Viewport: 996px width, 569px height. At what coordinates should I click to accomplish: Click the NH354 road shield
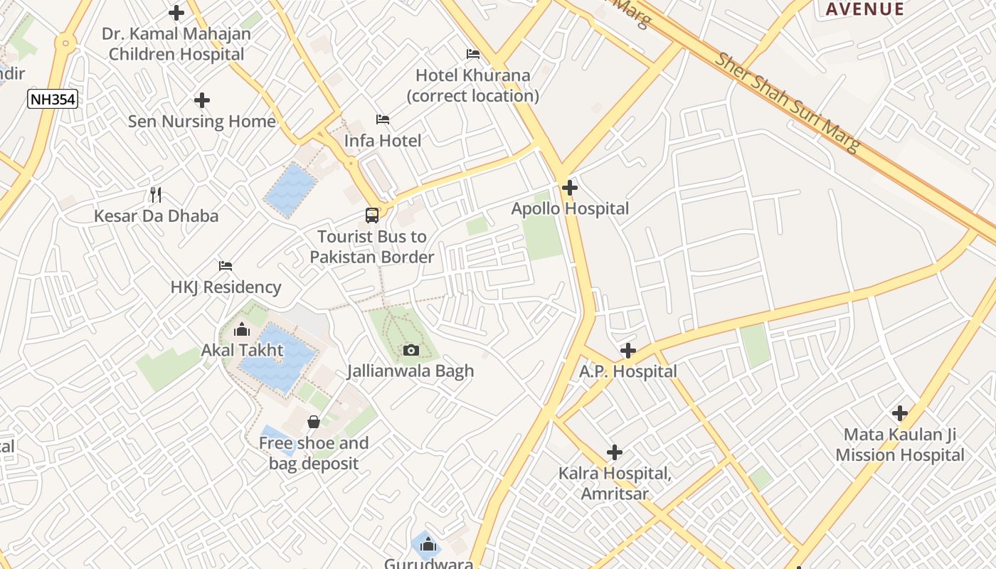[53, 99]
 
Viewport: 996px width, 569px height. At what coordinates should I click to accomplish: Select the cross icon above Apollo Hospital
[569, 188]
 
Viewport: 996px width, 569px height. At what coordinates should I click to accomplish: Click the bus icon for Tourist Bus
[372, 216]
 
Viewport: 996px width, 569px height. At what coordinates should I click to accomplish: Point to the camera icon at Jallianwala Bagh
[410, 350]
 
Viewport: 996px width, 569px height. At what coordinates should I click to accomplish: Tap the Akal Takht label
[242, 350]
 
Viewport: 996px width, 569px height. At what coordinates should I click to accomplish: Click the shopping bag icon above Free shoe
[313, 422]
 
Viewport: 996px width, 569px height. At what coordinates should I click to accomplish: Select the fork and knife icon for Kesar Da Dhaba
[157, 194]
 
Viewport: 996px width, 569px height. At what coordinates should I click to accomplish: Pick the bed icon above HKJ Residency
[226, 266]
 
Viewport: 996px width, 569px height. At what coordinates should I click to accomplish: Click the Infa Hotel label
[383, 141]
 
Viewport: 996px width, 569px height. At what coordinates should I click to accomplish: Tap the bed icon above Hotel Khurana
[473, 54]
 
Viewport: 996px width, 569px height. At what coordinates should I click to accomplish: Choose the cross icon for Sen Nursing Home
[202, 100]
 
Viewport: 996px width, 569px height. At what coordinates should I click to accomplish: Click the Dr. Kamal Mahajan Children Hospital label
[176, 44]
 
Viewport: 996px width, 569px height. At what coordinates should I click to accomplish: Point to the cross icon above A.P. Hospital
[627, 351]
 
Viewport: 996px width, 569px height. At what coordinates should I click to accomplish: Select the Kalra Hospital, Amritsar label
[615, 484]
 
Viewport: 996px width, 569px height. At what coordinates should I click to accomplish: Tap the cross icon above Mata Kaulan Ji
[900, 413]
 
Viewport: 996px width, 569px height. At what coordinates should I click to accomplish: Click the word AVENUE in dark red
[864, 9]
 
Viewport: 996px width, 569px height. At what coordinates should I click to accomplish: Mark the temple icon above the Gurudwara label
[428, 545]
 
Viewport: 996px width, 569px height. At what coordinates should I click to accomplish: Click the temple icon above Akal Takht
[242, 330]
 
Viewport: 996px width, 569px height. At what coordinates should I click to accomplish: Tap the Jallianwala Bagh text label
[410, 371]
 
